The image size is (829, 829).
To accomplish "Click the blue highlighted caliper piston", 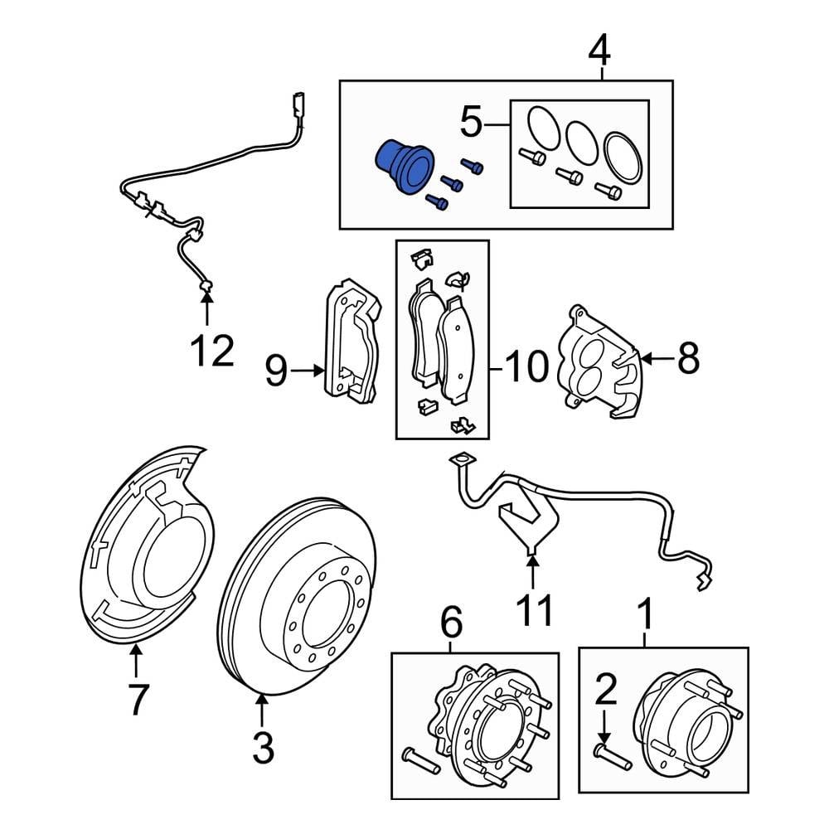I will pyautogui.click(x=404, y=165).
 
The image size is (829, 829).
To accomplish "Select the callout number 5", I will pyautogui.click(x=470, y=124).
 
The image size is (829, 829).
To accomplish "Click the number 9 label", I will pyautogui.click(x=276, y=371).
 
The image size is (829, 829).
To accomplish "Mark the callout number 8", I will pyautogui.click(x=688, y=359).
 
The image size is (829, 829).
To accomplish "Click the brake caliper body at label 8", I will pyautogui.click(x=597, y=365).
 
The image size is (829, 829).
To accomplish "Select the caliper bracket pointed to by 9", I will pyautogui.click(x=352, y=340).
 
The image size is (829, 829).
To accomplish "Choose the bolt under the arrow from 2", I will pyautogui.click(x=613, y=757).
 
